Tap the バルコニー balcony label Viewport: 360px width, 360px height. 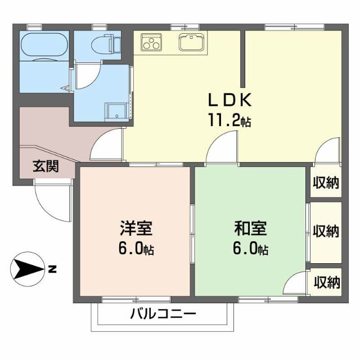[x=164, y=313]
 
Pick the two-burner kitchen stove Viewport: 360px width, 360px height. [x=150, y=42]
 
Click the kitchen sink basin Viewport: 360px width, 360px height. [x=191, y=42]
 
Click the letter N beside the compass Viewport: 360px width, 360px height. [x=52, y=270]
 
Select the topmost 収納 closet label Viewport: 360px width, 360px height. [x=327, y=183]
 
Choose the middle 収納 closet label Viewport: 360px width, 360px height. [x=327, y=231]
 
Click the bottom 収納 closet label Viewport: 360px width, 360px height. [x=327, y=280]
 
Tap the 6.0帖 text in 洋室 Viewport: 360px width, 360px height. [x=136, y=248]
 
